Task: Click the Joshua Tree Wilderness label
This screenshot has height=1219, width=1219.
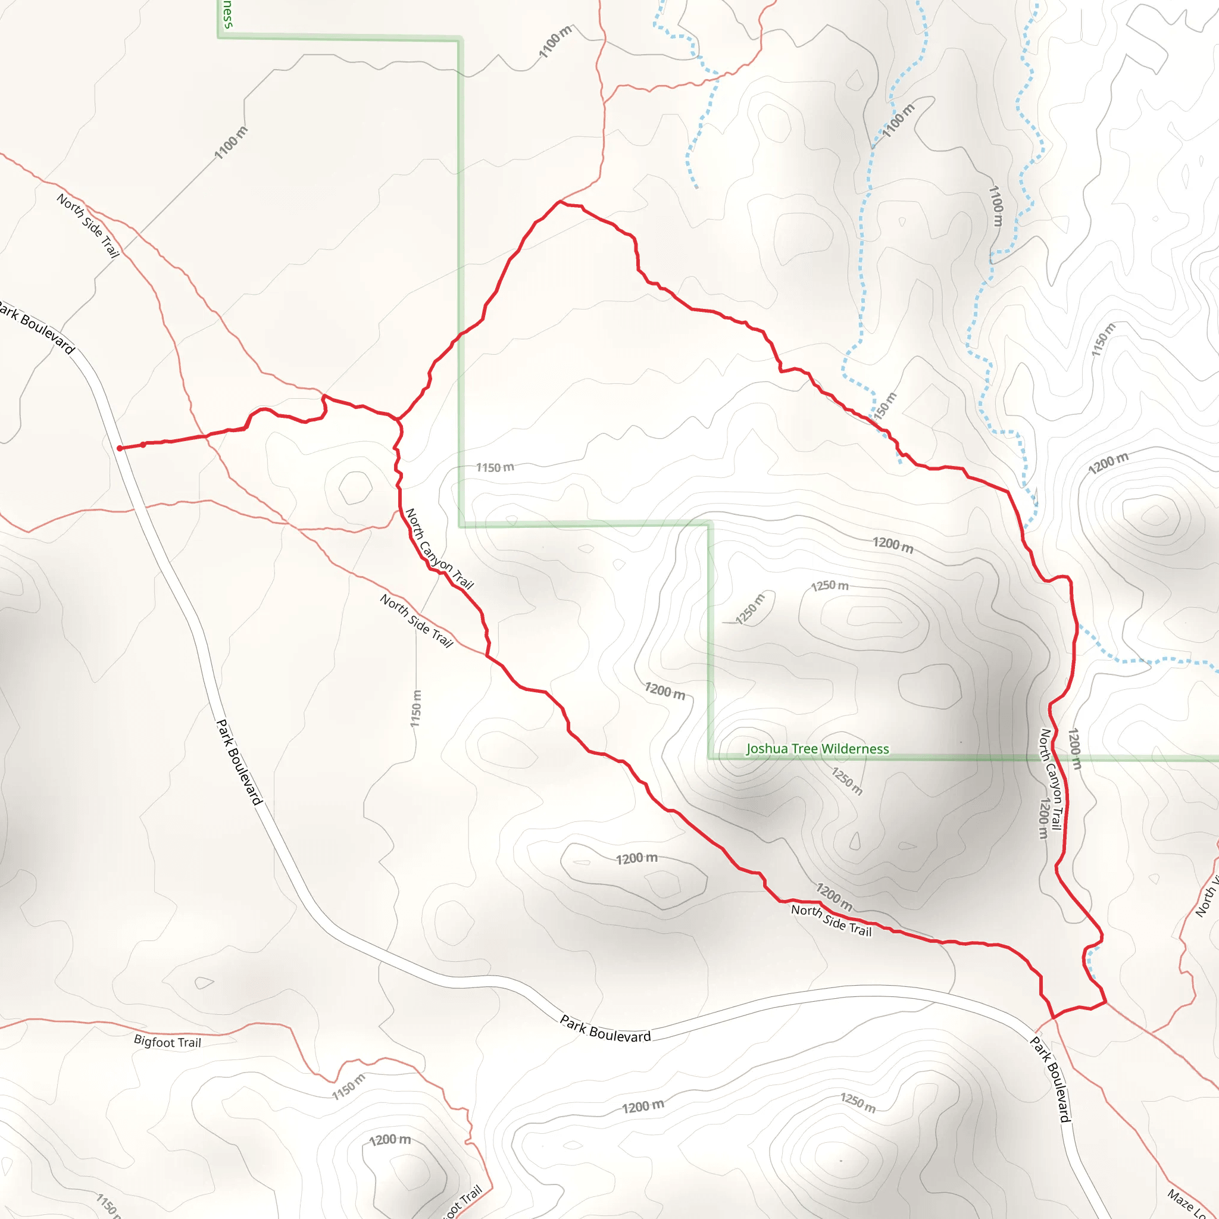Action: [817, 749]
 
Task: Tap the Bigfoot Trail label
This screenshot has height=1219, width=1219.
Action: [167, 1042]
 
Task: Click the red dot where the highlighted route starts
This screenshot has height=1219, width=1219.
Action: [119, 448]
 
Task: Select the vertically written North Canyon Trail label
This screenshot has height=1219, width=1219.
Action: [1051, 780]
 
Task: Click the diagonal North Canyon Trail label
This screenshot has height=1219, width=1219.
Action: [439, 548]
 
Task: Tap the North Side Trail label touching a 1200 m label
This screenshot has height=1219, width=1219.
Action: [831, 921]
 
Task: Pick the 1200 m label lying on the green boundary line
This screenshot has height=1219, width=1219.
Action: [1074, 749]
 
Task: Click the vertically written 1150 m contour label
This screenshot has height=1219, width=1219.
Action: [415, 708]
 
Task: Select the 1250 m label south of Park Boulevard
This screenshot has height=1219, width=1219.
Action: [858, 1103]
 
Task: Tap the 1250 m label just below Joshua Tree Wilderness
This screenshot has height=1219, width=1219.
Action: [847, 781]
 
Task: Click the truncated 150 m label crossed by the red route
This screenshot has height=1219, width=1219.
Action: [884, 406]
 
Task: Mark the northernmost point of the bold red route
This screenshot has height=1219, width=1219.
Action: [560, 201]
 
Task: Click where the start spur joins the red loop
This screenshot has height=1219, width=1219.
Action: [398, 419]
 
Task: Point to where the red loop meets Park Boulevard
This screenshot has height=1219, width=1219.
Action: [1052, 1018]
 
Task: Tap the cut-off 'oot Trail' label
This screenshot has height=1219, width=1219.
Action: [464, 1201]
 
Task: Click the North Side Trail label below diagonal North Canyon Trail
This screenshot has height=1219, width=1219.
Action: [417, 620]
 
